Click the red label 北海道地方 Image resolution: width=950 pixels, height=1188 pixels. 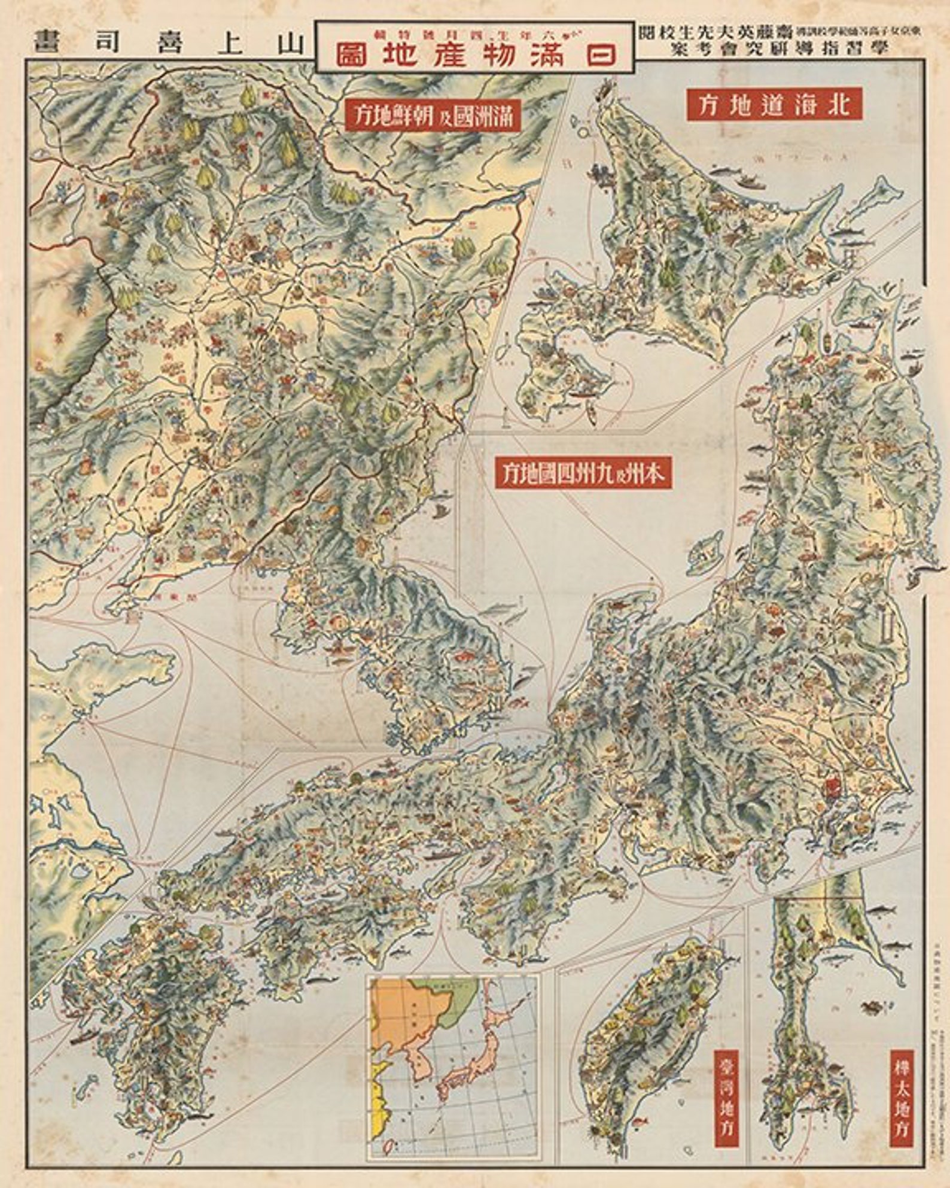click(774, 105)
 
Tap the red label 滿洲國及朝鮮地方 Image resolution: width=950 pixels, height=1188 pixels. click(433, 115)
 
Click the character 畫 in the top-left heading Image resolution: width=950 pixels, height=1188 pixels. click(45, 42)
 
